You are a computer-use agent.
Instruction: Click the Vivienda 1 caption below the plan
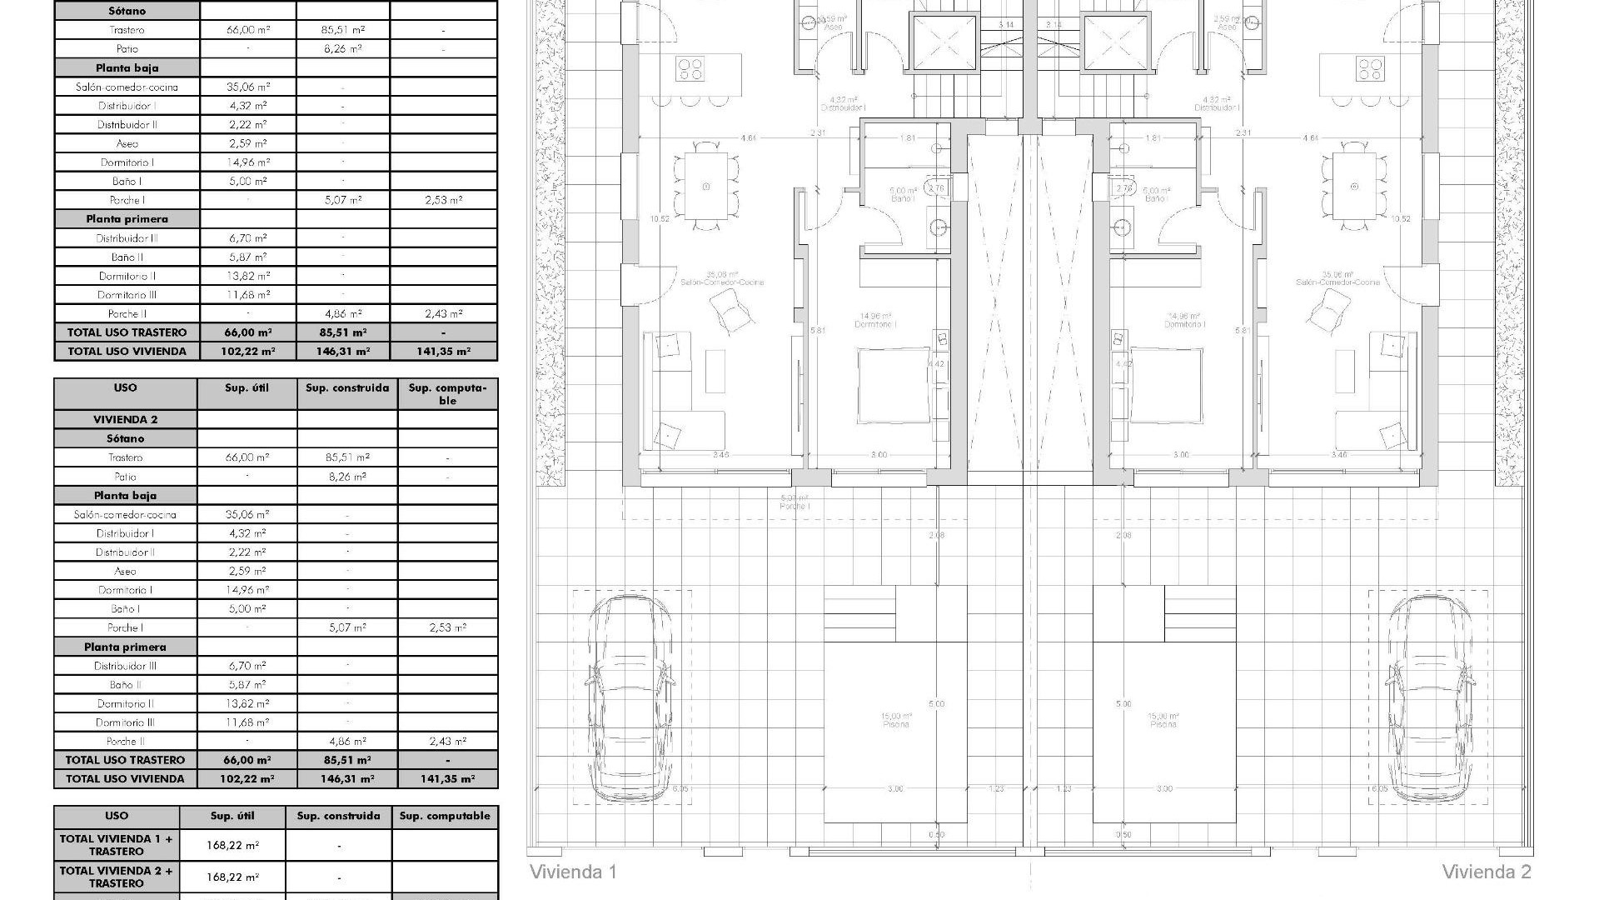coord(573,872)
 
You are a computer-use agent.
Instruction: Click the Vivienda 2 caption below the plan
coord(1487,872)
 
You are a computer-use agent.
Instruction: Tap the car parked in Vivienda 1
coord(630,698)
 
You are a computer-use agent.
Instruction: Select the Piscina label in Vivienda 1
coord(896,721)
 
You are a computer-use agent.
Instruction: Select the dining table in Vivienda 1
coord(706,185)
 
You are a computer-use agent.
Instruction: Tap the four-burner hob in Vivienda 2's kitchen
coord(1369,67)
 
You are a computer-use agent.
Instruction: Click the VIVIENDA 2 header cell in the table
coord(125,420)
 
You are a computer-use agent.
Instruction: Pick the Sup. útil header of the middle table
coord(247,388)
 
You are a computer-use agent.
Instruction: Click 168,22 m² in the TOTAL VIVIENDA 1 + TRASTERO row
coord(232,845)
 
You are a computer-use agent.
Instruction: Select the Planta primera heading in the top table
coord(127,219)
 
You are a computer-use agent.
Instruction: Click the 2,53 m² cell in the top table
coord(444,200)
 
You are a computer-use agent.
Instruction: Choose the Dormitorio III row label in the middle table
coord(125,722)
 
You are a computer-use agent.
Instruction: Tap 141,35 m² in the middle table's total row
coord(447,779)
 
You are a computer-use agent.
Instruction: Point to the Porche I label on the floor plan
coord(795,502)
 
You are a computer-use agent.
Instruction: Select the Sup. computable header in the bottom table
coord(445,817)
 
